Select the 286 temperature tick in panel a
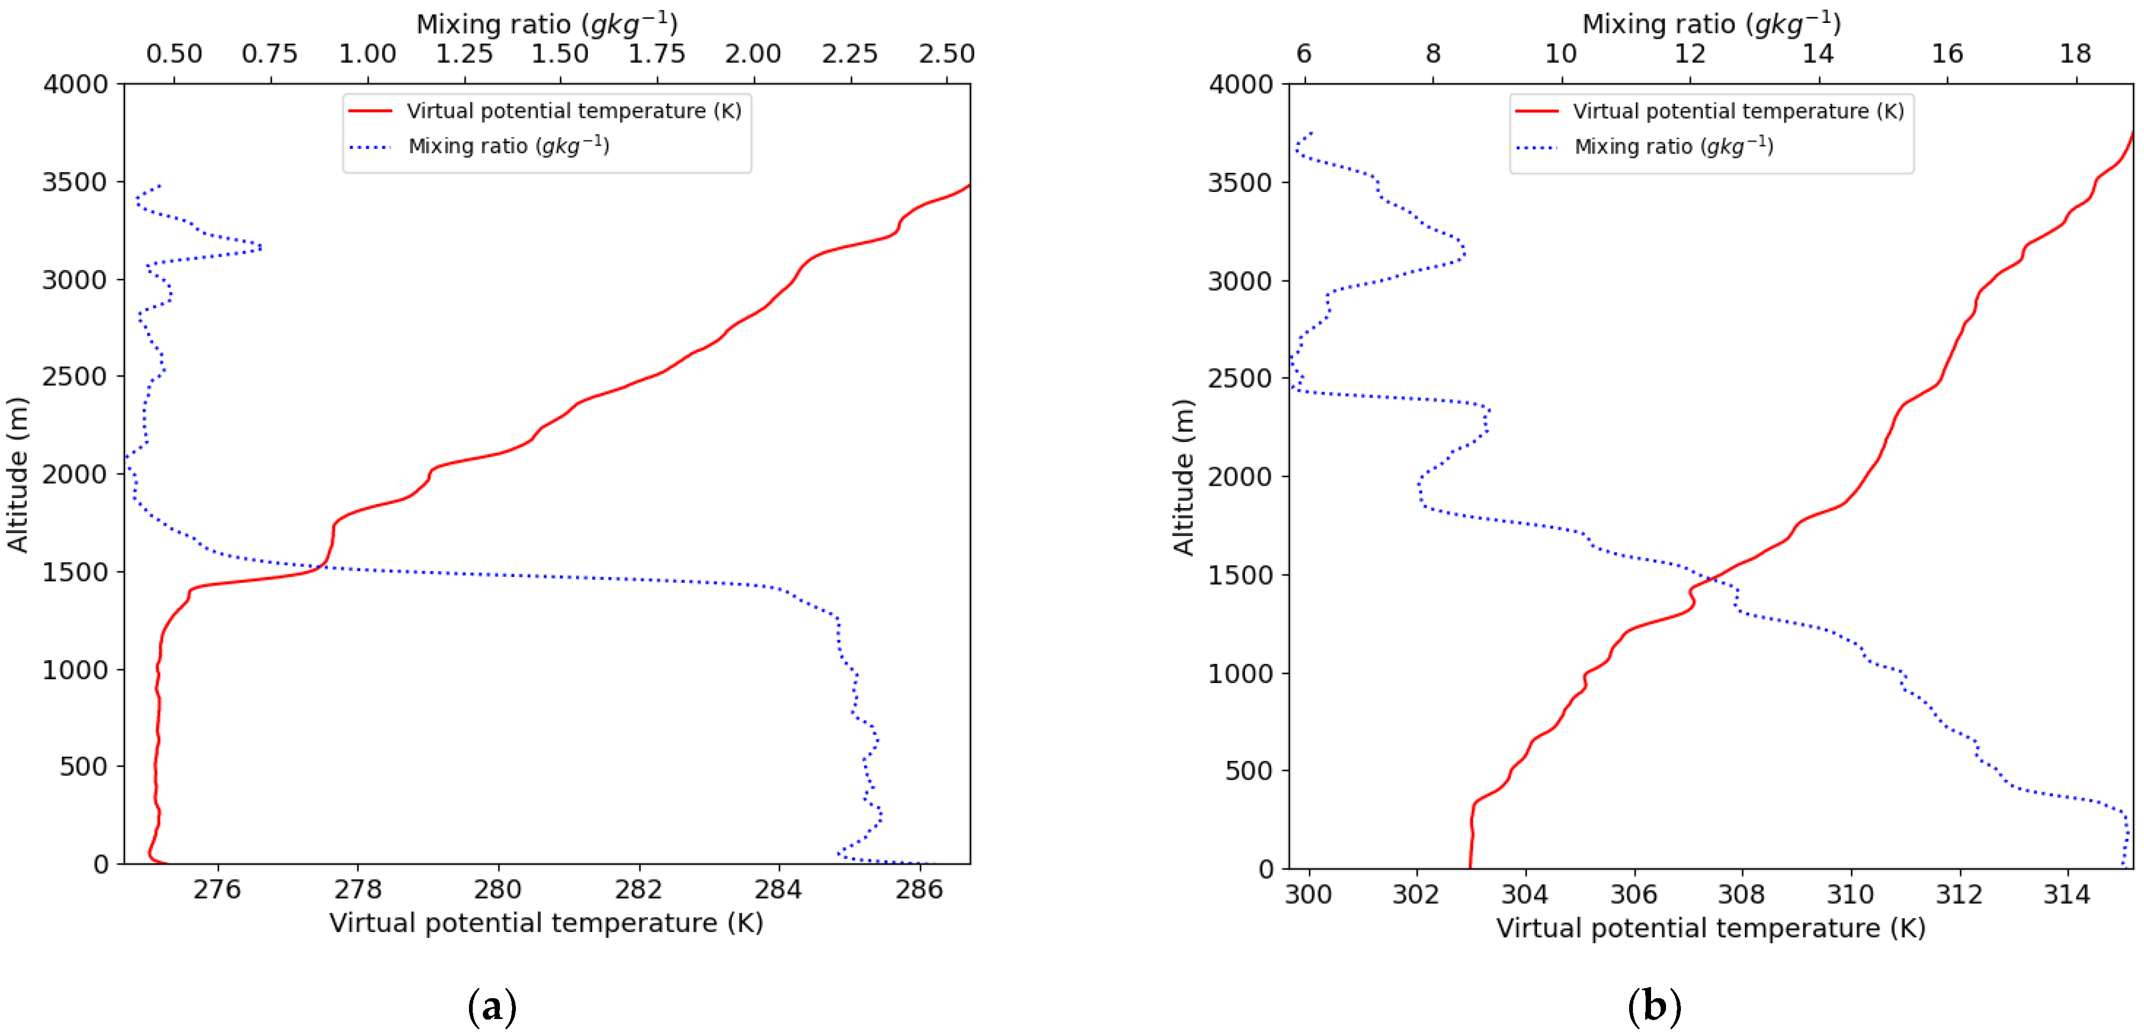tap(919, 890)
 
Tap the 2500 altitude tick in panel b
tap(1240, 378)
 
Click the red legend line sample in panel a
tap(370, 111)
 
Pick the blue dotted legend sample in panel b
tap(1536, 147)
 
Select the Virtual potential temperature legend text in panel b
tap(1738, 111)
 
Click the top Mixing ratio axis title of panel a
tap(547, 23)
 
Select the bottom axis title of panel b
tap(1710, 928)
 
